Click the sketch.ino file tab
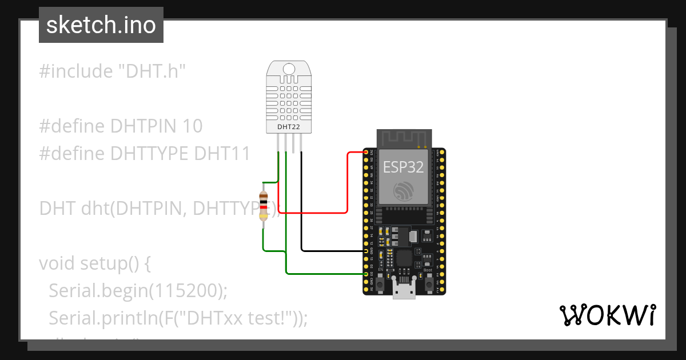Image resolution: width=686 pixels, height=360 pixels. [x=101, y=25]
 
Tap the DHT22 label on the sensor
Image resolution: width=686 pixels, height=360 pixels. [x=289, y=126]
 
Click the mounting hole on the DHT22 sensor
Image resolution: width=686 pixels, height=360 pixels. [x=289, y=69]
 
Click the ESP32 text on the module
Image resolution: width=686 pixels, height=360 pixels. [x=404, y=166]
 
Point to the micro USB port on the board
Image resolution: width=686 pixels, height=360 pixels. [x=405, y=291]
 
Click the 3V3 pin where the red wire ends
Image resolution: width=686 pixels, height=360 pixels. [x=366, y=153]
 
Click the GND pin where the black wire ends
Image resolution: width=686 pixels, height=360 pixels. [x=366, y=251]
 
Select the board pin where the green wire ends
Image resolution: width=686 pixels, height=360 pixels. [x=366, y=274]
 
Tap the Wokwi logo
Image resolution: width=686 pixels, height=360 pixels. [x=607, y=315]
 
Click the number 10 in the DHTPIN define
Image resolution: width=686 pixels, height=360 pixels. [x=193, y=126]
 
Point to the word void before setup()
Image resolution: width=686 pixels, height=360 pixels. [x=57, y=264]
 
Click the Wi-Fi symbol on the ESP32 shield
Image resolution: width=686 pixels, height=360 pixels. [x=404, y=191]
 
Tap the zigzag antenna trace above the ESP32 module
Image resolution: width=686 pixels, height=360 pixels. [x=404, y=138]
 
